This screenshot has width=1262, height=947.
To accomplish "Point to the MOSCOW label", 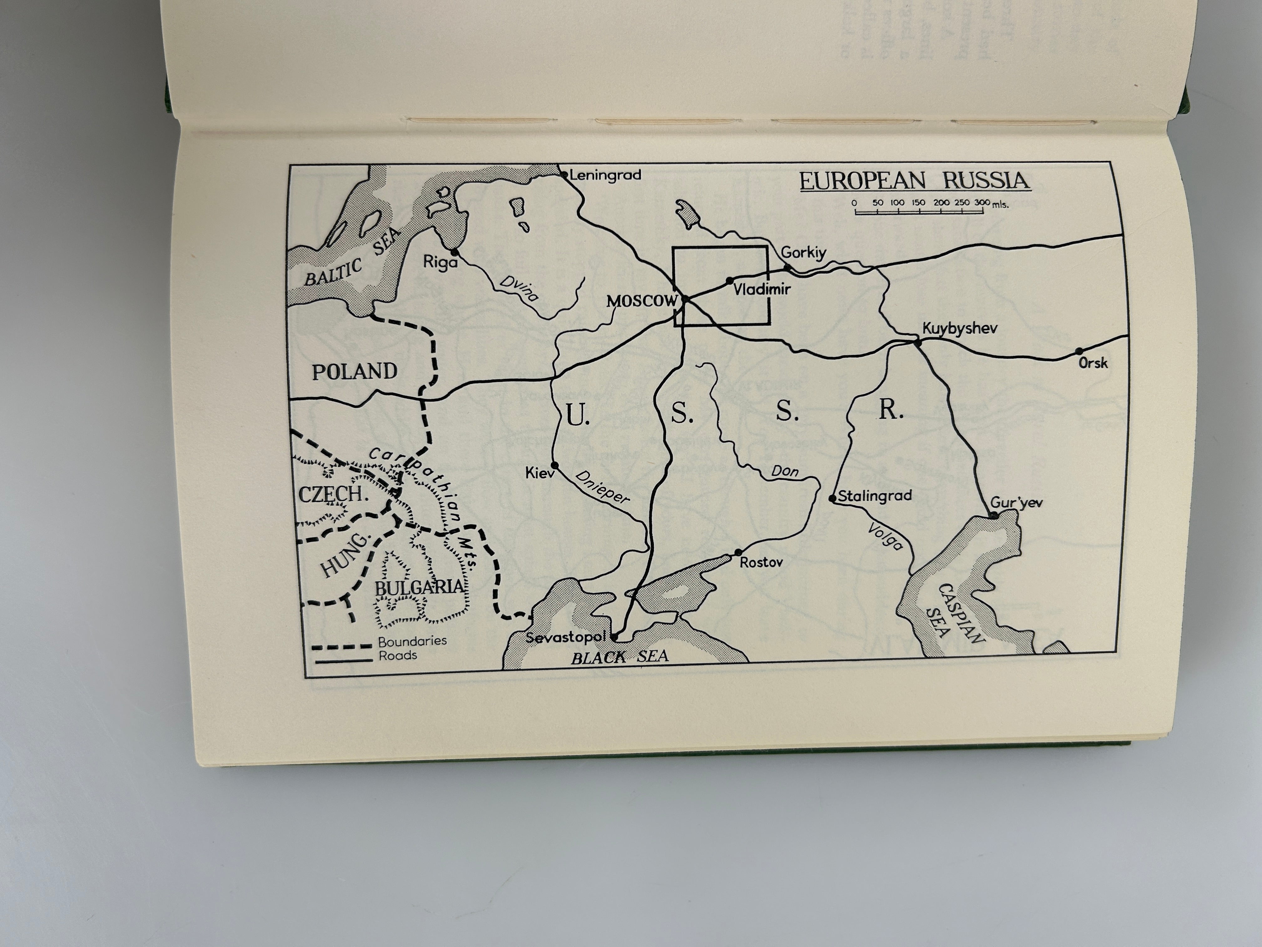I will pyautogui.click(x=641, y=301).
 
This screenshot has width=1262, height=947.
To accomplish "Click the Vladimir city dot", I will pyautogui.click(x=729, y=280).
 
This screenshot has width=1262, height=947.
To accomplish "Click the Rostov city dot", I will pyautogui.click(x=738, y=552).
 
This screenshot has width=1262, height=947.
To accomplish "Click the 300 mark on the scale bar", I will pyautogui.click(x=982, y=203).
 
